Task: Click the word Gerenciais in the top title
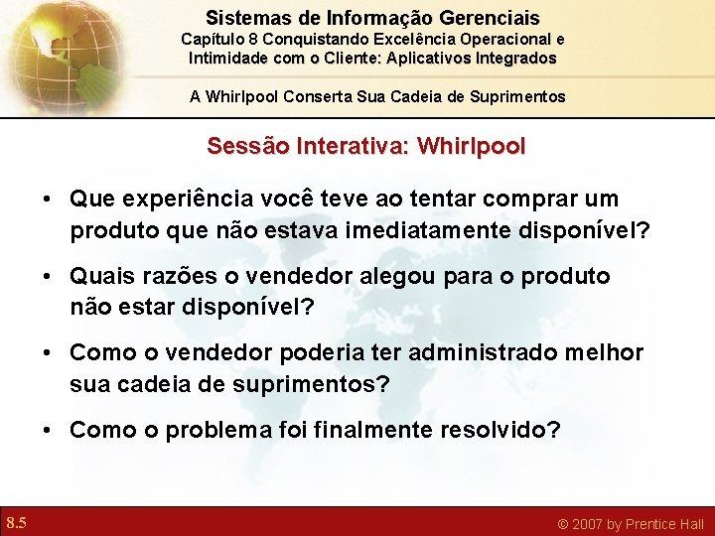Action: (493, 18)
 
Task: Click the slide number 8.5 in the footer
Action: (16, 522)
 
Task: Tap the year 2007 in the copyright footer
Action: (585, 523)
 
